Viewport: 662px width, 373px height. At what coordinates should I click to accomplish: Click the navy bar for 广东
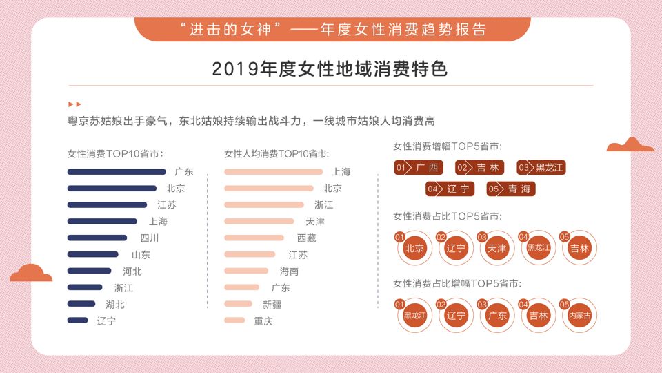(x=117, y=172)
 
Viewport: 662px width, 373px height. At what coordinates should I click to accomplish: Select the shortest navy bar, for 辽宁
(x=78, y=321)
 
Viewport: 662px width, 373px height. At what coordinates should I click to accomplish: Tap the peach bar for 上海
(x=273, y=172)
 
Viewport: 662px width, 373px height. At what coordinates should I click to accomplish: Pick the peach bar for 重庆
(x=234, y=321)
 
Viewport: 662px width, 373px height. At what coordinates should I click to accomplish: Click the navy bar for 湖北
(x=81, y=304)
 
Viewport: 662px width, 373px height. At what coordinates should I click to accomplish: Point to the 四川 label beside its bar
(x=150, y=238)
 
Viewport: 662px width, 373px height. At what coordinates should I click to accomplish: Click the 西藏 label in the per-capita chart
(x=306, y=238)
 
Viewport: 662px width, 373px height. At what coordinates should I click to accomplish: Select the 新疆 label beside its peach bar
(x=272, y=304)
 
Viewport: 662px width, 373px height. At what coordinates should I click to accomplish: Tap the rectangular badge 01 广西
(x=419, y=168)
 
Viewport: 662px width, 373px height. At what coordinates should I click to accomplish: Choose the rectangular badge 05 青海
(x=511, y=189)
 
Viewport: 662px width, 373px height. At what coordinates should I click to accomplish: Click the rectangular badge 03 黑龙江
(x=541, y=168)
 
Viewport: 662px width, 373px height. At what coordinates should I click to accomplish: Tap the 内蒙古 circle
(x=579, y=316)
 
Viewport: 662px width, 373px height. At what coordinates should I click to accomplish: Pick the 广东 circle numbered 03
(x=496, y=316)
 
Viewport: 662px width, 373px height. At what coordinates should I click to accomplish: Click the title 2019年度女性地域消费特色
(x=330, y=69)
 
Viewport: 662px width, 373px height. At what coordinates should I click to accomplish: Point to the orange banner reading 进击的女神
(x=332, y=30)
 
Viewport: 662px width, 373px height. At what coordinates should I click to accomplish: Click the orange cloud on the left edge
(x=31, y=273)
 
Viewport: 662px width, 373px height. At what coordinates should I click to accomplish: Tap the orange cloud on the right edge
(x=630, y=144)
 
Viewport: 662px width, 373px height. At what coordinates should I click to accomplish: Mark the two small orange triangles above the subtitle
(x=74, y=104)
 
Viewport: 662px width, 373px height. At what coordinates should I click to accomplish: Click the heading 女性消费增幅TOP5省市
(x=447, y=146)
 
